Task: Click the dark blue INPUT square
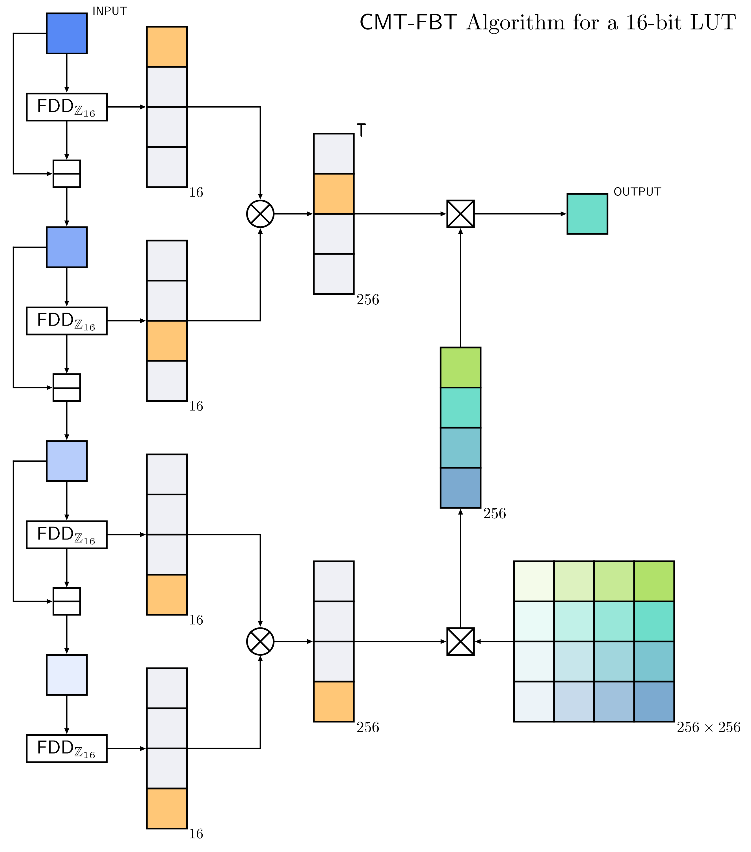click(x=67, y=33)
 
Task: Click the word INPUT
click(x=110, y=11)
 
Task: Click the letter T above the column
click(x=361, y=130)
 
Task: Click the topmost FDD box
click(x=67, y=107)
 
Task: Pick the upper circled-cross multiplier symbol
click(x=260, y=214)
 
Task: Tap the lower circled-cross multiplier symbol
click(x=260, y=642)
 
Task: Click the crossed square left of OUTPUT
click(x=460, y=214)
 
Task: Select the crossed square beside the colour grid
click(x=460, y=642)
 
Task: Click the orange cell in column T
click(x=334, y=194)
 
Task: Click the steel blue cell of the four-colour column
click(x=460, y=488)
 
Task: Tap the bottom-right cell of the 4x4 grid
click(x=654, y=702)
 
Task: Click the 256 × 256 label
click(x=708, y=727)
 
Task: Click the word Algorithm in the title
click(x=515, y=23)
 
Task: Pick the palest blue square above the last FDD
click(x=67, y=675)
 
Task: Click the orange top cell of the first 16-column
click(x=166, y=47)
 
